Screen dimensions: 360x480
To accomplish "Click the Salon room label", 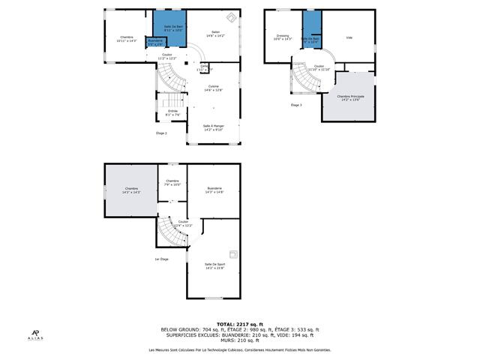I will click(x=215, y=34).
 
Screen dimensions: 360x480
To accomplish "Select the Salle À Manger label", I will click(x=213, y=127).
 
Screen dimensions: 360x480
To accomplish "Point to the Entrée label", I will click(x=172, y=112).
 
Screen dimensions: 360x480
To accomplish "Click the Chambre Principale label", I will click(x=350, y=98).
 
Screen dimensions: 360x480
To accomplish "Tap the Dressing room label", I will click(x=283, y=37).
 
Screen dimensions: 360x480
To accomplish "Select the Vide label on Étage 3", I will click(x=349, y=37).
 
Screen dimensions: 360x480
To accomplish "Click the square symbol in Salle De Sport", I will click(x=233, y=253).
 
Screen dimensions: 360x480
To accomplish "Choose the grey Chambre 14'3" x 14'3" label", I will click(x=131, y=190).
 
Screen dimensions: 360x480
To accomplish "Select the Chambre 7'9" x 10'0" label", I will click(x=172, y=183).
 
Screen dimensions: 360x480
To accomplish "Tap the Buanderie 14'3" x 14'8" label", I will click(x=214, y=190).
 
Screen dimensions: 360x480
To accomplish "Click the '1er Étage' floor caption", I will click(x=160, y=259).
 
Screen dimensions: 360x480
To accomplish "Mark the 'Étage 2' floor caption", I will click(x=161, y=133).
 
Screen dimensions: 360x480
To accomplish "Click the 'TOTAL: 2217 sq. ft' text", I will click(x=239, y=323).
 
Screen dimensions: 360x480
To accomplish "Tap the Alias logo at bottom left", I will click(x=35, y=335).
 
